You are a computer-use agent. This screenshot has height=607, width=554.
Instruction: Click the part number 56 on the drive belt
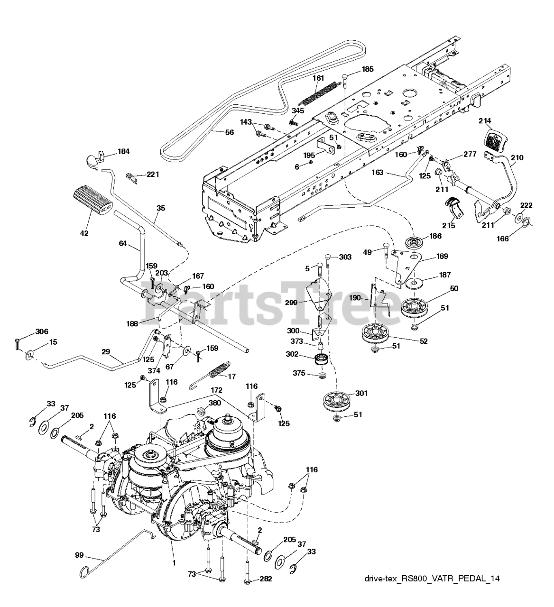tap(230, 132)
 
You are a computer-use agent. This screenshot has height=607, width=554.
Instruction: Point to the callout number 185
tap(368, 69)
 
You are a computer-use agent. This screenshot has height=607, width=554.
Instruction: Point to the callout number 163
tap(378, 173)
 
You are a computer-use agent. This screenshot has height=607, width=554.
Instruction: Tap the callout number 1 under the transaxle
tap(174, 563)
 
